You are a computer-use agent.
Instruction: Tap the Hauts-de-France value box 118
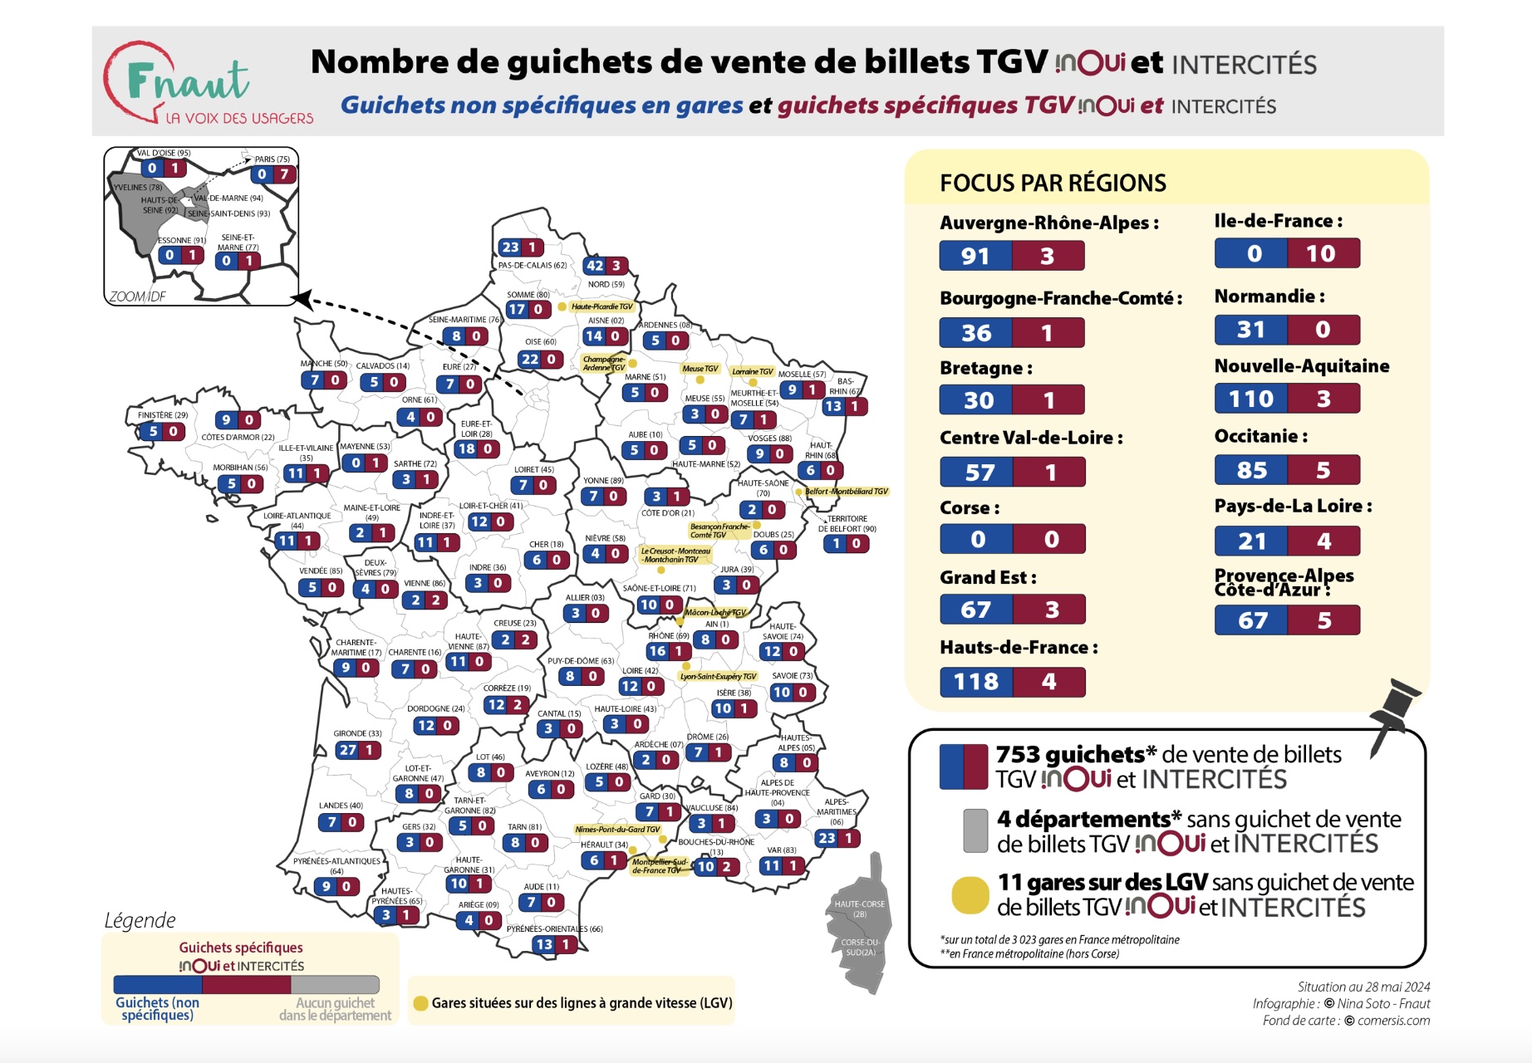976,682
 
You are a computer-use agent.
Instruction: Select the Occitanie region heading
1260,436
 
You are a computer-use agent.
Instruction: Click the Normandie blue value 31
1250,330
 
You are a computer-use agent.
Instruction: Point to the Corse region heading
970,507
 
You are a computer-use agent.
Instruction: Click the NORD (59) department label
606,284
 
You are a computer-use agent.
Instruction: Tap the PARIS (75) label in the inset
272,159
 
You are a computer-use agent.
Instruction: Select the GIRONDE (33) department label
357,733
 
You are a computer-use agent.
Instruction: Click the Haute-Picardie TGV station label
602,306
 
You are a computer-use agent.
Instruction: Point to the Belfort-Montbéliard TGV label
846,492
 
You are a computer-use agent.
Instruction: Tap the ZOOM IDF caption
137,296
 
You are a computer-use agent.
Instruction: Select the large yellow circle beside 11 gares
970,895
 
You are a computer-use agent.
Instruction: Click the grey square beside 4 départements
975,830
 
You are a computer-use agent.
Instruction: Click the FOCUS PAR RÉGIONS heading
1053,184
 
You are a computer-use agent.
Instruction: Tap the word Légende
140,920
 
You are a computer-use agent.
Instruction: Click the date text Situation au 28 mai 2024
1363,987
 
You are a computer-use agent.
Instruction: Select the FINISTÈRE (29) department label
163,415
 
